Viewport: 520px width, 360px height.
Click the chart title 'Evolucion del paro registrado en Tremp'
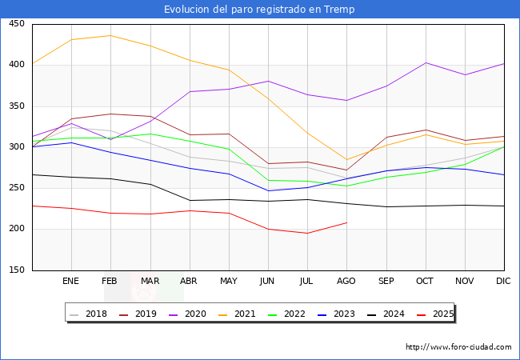(259, 10)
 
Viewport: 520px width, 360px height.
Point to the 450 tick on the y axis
(16, 24)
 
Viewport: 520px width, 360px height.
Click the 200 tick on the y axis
(16, 229)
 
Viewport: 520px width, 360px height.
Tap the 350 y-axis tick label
(16, 106)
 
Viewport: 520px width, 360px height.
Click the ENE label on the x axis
(71, 282)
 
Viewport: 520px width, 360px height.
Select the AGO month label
(346, 282)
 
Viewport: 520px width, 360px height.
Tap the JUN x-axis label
(268, 282)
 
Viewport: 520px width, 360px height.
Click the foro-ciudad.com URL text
(458, 347)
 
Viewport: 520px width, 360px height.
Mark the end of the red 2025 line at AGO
(346, 222)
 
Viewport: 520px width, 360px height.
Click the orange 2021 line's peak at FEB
(110, 35)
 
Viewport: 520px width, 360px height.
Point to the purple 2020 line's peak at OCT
(426, 62)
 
